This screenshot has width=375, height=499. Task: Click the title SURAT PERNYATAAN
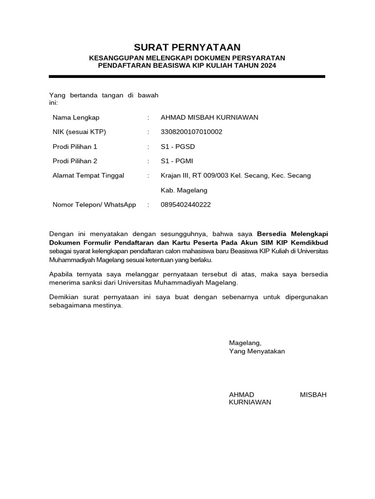(187, 47)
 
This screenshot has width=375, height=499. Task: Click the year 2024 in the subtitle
(268, 65)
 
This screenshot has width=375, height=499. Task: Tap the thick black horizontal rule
(187, 77)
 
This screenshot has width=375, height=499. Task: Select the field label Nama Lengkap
(76, 117)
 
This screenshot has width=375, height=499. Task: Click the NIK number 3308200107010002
(191, 132)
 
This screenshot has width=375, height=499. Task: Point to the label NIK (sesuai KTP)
(79, 132)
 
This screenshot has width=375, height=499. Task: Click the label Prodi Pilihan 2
(75, 161)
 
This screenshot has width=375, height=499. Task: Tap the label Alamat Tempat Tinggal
(88, 175)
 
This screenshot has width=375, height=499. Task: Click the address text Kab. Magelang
(184, 190)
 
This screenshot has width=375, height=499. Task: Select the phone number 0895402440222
(186, 205)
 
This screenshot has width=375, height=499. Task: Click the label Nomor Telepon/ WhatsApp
(94, 205)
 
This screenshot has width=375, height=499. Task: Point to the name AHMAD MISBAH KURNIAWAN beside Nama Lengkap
(209, 117)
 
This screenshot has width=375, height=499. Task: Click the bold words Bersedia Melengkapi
(292, 234)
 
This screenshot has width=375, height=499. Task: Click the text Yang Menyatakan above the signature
(257, 351)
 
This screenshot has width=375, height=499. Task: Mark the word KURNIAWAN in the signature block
(250, 403)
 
